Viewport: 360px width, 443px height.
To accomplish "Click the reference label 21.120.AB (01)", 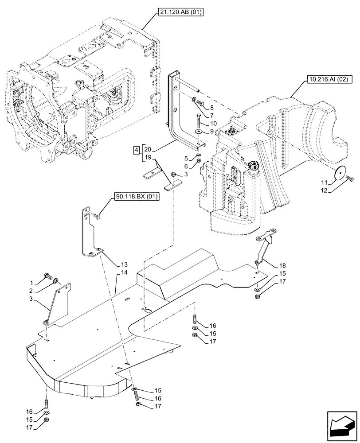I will [180, 13].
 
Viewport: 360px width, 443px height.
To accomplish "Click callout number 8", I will [211, 107].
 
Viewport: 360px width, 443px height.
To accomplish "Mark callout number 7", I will [211, 115].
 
